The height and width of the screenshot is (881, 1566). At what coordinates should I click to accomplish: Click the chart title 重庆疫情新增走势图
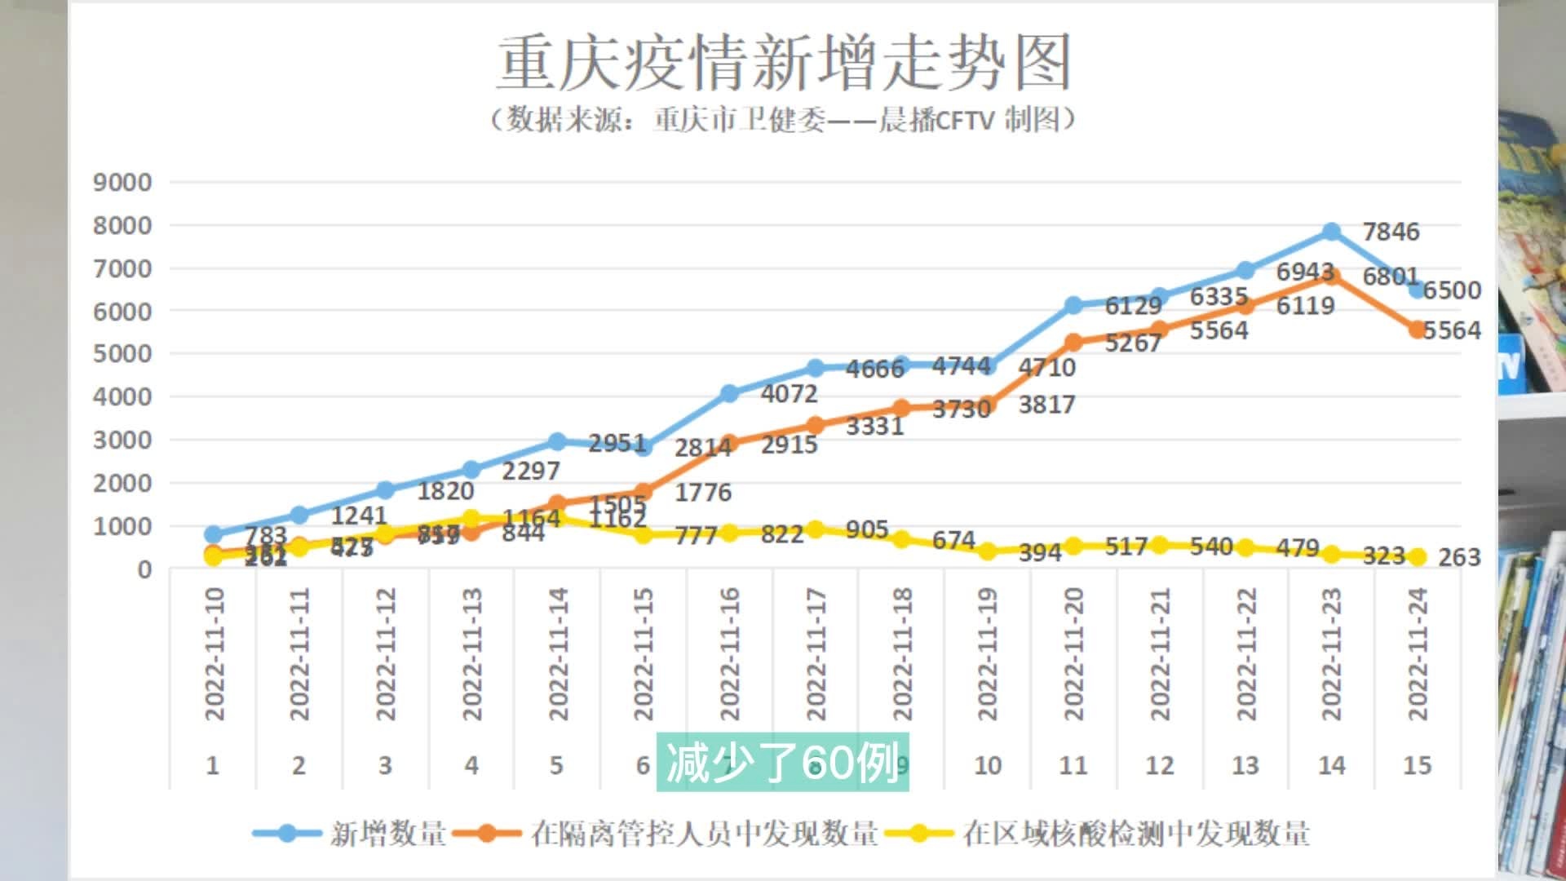coord(783,64)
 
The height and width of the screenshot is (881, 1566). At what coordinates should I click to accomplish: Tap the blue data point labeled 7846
coord(1331,232)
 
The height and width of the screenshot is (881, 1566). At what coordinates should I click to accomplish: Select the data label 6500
coord(1452,290)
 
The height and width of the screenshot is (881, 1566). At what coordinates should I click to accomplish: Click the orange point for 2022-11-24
coord(1418,330)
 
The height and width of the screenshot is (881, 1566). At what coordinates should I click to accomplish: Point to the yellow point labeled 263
coord(1418,557)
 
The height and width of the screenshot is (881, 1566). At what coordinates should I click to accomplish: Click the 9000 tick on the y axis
coord(122,182)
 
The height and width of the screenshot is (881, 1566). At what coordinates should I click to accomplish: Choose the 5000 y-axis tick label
coord(122,354)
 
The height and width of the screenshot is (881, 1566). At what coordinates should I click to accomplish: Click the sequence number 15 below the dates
coord(1417,766)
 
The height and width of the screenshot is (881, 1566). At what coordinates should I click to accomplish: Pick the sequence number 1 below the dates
coord(213,766)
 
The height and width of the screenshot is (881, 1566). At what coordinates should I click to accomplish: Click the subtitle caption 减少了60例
coord(782,764)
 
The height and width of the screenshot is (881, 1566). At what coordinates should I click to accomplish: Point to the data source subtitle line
coord(783,120)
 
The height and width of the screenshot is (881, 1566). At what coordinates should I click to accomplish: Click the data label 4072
coord(789,394)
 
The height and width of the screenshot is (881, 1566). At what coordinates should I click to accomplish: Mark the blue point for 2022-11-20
coord(1073,305)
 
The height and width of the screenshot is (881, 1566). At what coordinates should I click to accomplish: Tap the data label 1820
coord(445,491)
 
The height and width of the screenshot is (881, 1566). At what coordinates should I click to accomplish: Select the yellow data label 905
coord(866,530)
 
